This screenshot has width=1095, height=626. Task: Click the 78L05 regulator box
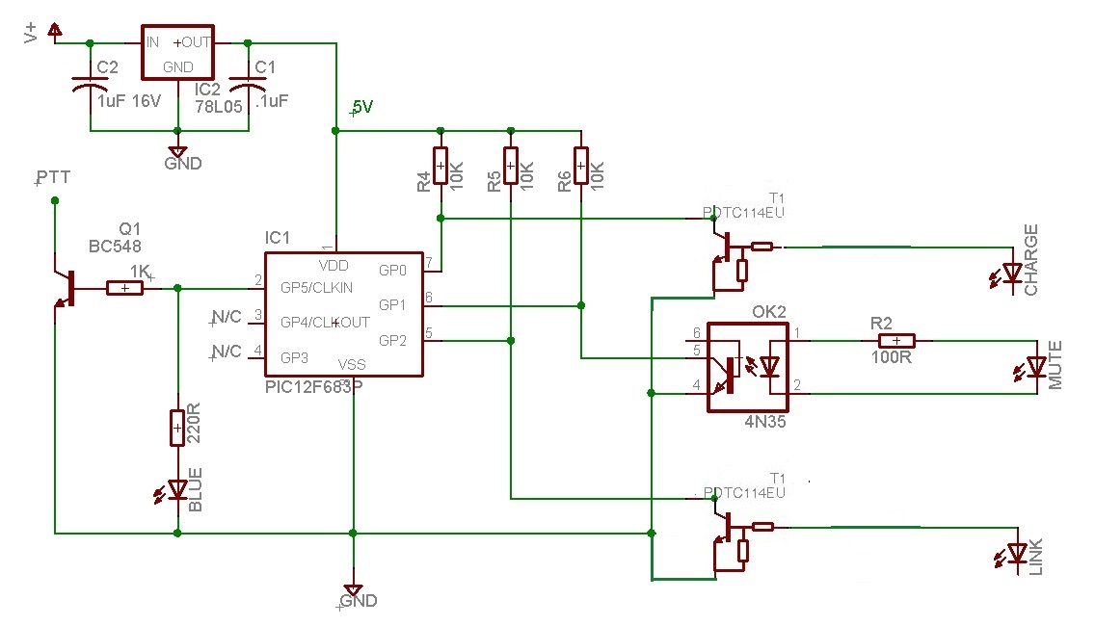177,54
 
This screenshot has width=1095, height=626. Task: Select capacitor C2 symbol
90,87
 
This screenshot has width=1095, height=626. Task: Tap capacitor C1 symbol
249,87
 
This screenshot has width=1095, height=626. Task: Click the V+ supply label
32,34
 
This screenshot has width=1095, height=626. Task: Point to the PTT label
53,179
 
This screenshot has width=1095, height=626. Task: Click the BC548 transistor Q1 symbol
67,288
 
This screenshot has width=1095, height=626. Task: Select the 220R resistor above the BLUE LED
177,429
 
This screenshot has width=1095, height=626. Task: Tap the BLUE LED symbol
177,490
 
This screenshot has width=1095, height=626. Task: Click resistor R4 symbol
441,166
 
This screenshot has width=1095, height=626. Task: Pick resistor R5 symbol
511,166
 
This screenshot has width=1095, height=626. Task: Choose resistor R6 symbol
580,166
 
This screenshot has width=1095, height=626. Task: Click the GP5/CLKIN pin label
316,287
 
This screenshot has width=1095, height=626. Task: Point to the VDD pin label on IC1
334,265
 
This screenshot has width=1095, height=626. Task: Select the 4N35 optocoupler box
749,367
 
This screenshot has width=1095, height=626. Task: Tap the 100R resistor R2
895,340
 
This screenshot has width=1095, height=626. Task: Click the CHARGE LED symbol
1012,274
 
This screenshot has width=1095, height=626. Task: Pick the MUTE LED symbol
1036,367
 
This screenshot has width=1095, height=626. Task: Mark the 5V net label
362,108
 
